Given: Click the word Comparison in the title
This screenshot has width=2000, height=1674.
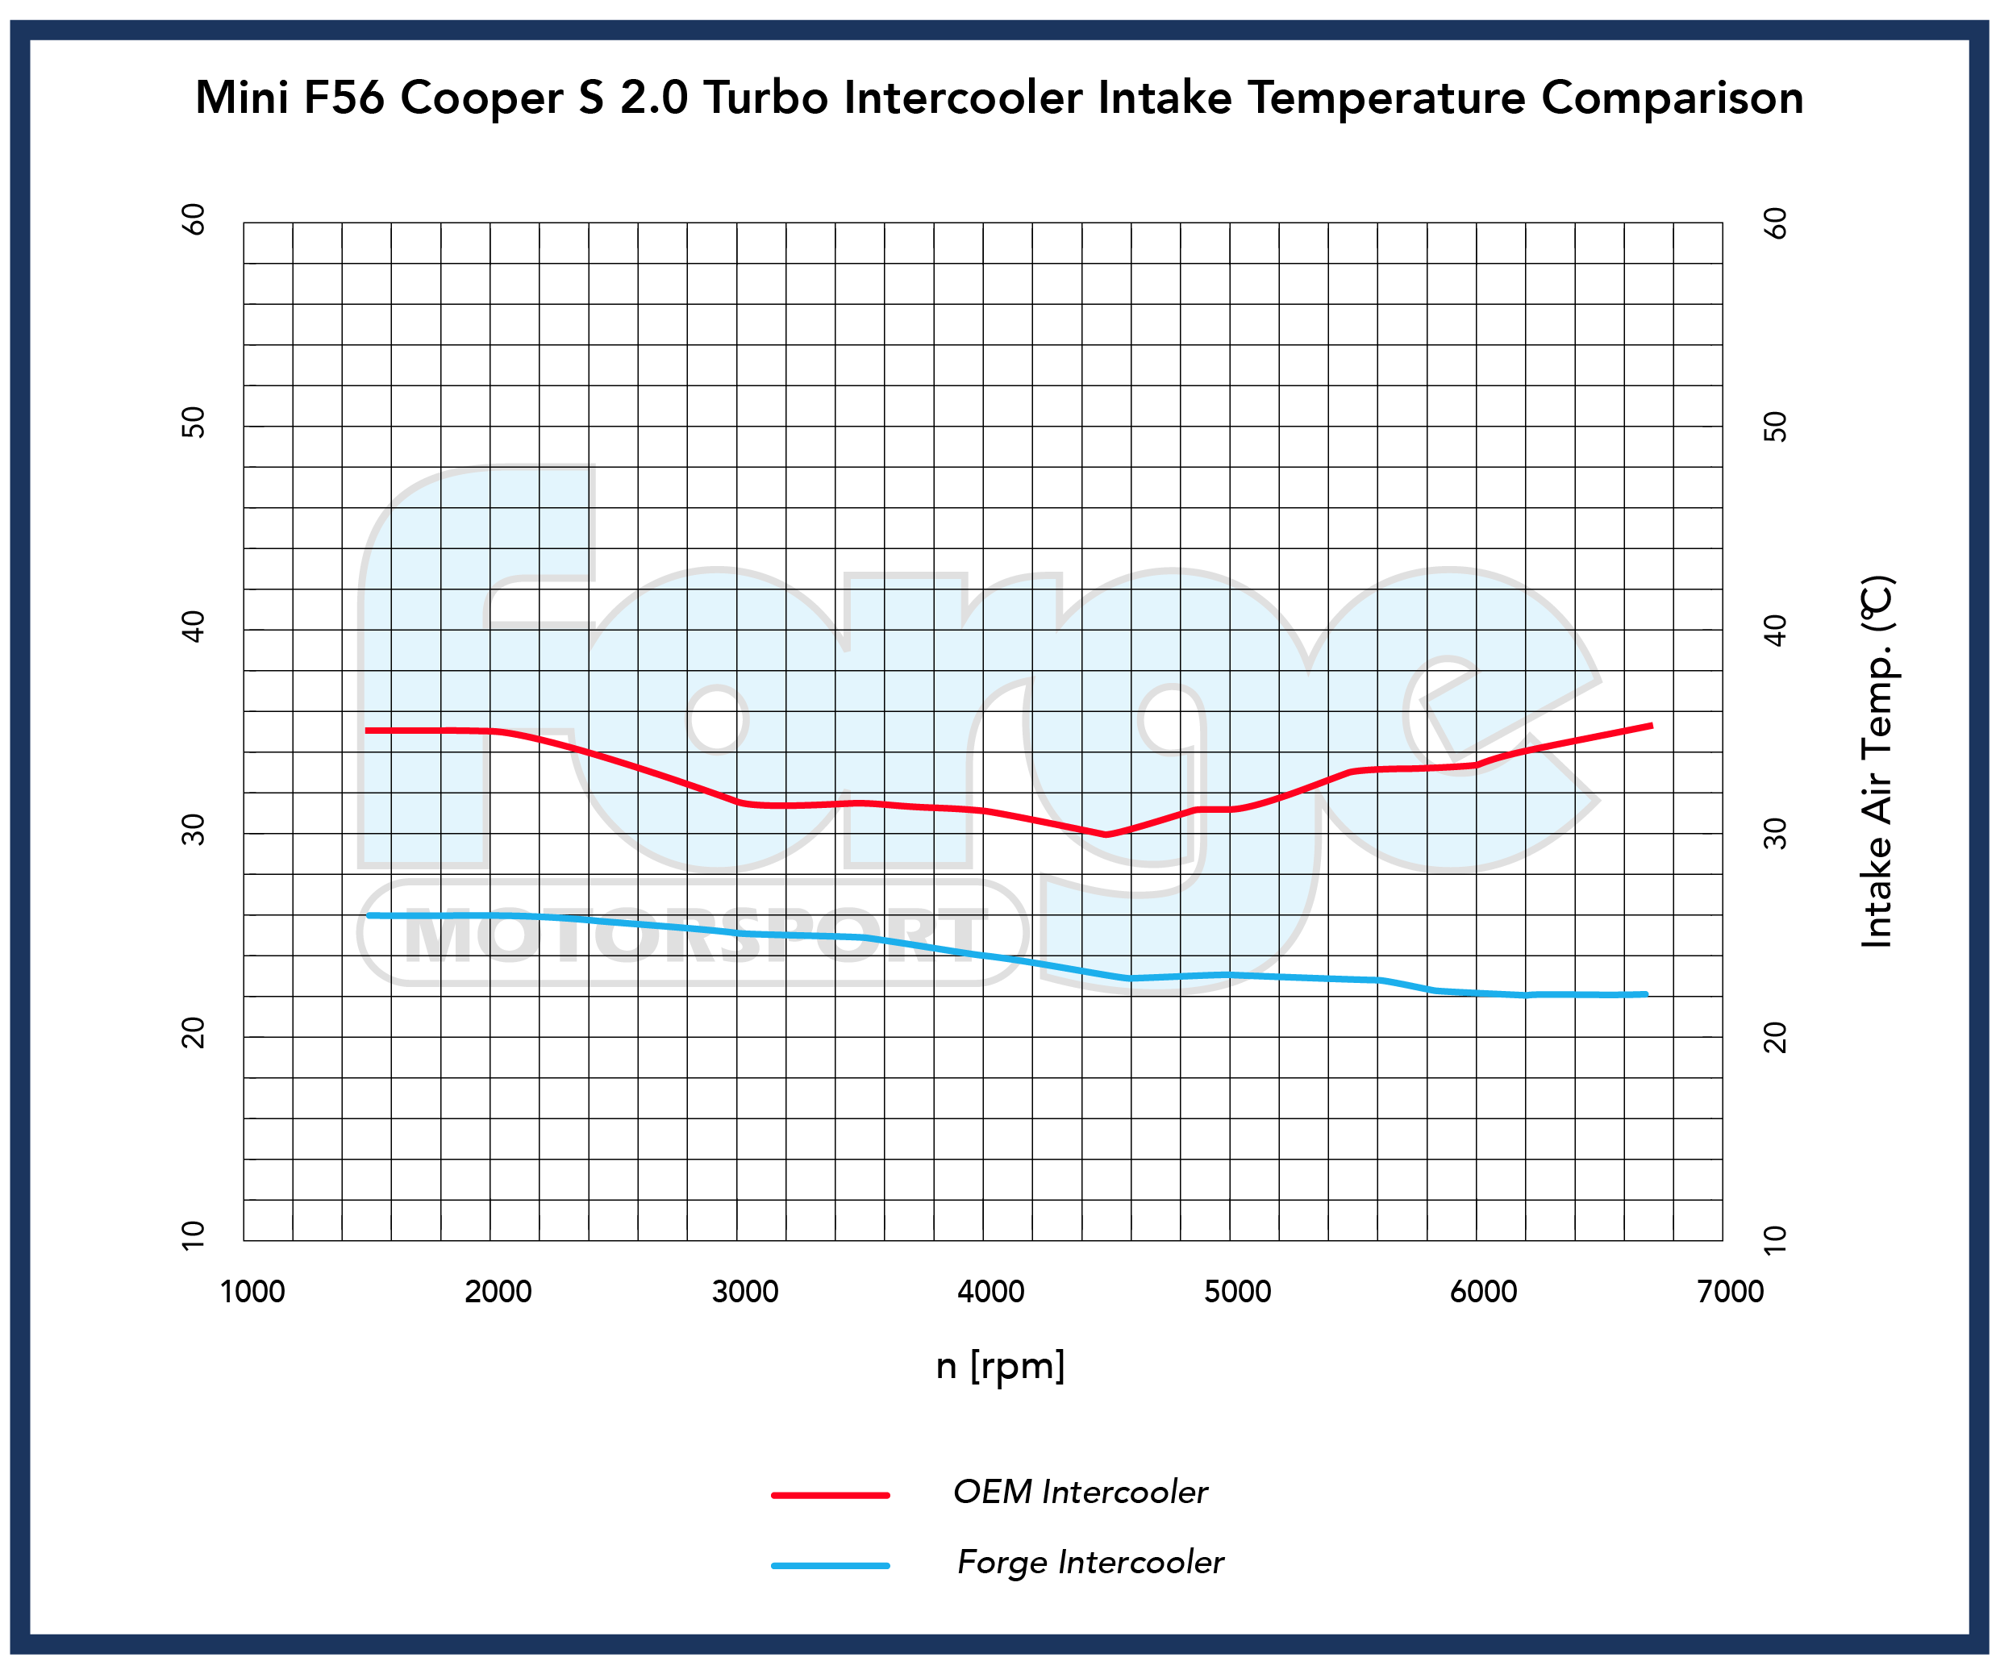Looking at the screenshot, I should point(1672,98).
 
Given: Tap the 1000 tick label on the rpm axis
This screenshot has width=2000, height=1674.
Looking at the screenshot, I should point(252,1292).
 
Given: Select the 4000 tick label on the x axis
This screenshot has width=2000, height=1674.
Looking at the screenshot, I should point(990,1292).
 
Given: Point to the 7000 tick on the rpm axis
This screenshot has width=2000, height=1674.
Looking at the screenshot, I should point(1730,1292).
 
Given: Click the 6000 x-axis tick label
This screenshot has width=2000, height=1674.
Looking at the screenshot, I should point(1483,1292).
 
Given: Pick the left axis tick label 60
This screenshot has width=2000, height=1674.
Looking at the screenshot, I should point(194,220).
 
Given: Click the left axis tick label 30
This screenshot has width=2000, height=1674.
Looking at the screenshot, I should point(194,831).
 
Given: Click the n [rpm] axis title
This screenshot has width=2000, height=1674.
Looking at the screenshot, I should point(1000,1365).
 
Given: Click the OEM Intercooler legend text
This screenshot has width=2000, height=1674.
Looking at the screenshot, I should point(1080,1492).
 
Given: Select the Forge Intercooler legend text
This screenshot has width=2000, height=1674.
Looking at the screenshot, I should point(1090,1563).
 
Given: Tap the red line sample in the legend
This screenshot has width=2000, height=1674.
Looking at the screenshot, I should point(830,1496).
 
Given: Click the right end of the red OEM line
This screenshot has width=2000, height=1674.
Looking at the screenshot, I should point(1651,727).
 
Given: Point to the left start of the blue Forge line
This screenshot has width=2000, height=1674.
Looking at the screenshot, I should point(369,916).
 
